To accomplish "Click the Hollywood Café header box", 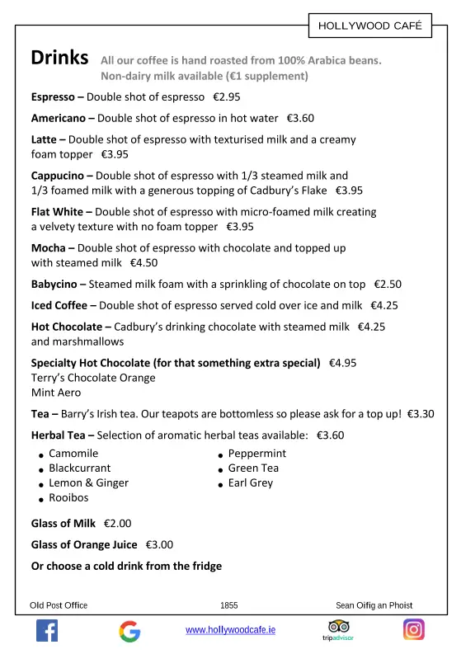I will pos(369,26).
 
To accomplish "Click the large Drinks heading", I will pos(59,59).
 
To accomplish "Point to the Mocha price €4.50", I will pos(143,263).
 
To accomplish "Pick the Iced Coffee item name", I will pos(64,305).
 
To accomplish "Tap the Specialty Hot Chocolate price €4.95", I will pos(343,363).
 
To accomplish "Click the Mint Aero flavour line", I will pos(56,393).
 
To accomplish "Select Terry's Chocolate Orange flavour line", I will pos(92,378).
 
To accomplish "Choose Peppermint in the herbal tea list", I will pos(257,454).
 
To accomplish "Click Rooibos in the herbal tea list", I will pos(68,498).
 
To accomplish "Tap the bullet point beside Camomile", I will pos(40,455).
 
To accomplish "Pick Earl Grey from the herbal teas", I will pos(251,483).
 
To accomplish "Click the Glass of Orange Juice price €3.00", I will pos(160,544).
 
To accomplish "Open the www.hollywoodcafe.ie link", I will pos(231,630).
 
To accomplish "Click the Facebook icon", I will pos(47,631).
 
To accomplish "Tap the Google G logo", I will pos(129,632).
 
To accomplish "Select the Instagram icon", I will pos(414,630).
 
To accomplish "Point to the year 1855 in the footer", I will pos(229,605).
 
